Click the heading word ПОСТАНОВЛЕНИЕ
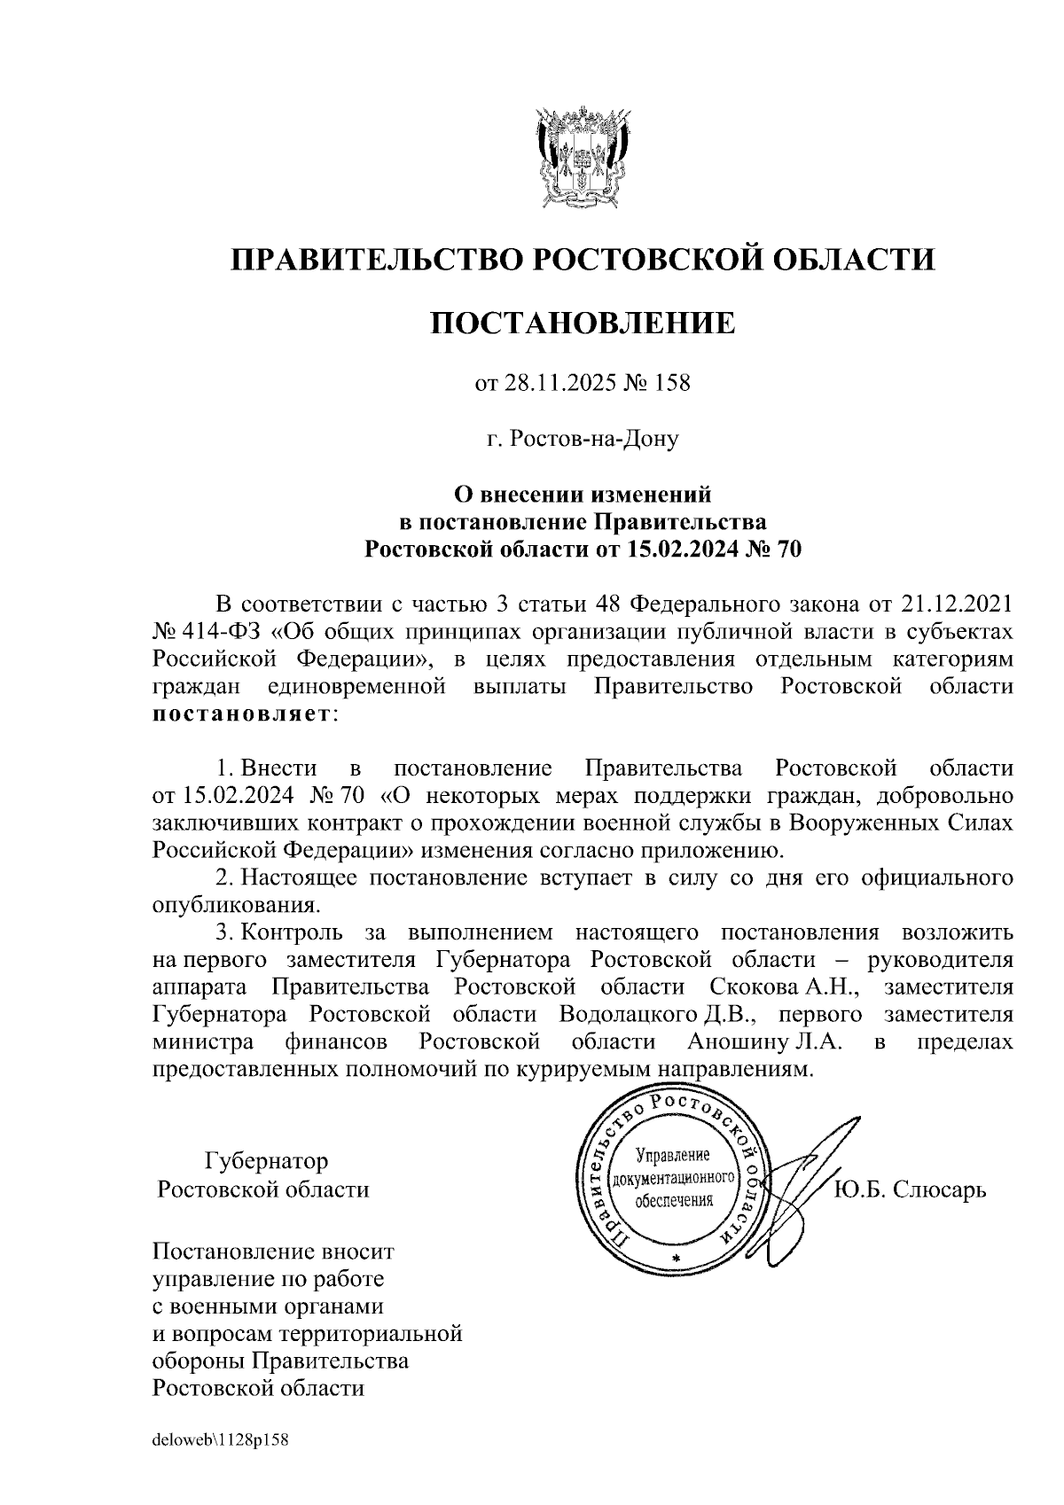[x=583, y=324]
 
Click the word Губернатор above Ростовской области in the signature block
[x=266, y=1161]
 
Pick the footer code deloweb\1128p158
[x=221, y=1440]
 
